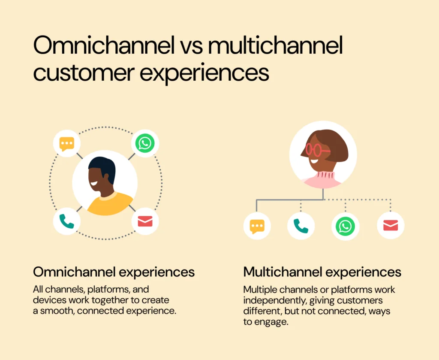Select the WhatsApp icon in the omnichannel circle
(144, 143)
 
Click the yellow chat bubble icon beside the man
(67, 143)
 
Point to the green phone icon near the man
(67, 221)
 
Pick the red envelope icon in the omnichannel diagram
(145, 221)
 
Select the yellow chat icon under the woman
(257, 226)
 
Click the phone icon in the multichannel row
(301, 226)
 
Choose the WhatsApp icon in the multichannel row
(346, 226)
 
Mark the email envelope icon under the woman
(391, 226)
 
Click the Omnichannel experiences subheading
(114, 272)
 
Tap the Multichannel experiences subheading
(322, 272)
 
